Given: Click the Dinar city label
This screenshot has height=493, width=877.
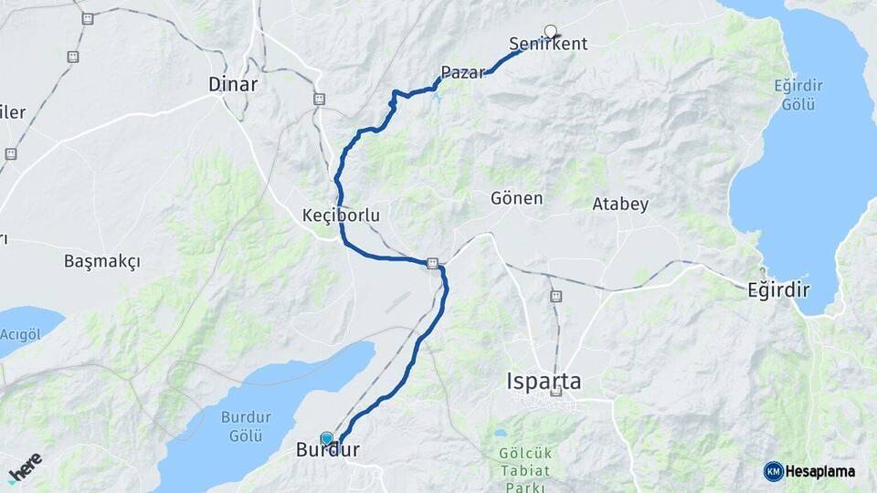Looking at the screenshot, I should pyautogui.click(x=233, y=84).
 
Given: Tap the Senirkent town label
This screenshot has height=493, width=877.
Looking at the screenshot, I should pyautogui.click(x=548, y=44).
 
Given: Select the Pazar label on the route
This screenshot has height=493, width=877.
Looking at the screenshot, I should pyautogui.click(x=462, y=72).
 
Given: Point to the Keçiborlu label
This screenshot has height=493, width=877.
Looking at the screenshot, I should pyautogui.click(x=341, y=215).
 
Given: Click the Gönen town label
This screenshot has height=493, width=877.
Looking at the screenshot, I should pyautogui.click(x=516, y=198).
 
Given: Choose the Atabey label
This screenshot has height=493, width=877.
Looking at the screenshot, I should pyautogui.click(x=620, y=204).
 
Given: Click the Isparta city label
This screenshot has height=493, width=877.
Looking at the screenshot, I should pyautogui.click(x=544, y=381).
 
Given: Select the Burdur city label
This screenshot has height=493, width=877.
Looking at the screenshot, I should pyautogui.click(x=328, y=450).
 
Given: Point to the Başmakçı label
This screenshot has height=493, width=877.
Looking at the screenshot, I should pyautogui.click(x=102, y=261).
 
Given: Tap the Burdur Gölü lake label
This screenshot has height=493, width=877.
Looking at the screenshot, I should pyautogui.click(x=246, y=426).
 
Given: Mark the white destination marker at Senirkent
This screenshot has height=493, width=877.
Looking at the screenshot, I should pyautogui.click(x=550, y=32).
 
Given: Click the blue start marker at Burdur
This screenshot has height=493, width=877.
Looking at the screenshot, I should pyautogui.click(x=327, y=439).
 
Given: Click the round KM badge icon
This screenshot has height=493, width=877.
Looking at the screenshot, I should pyautogui.click(x=773, y=471).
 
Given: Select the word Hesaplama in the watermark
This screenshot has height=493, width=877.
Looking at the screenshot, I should pyautogui.click(x=820, y=471).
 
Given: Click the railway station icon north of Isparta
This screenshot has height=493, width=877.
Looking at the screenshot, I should pyautogui.click(x=555, y=296).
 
